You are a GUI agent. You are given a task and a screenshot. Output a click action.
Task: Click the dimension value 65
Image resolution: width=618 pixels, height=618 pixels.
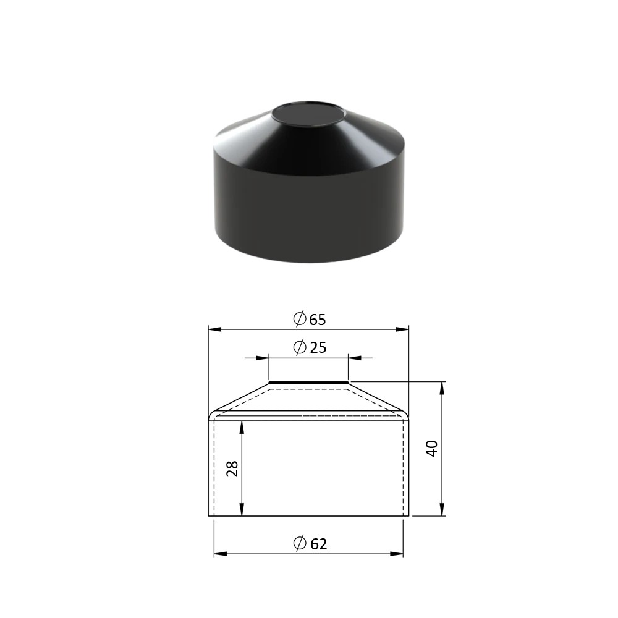coord(318,320)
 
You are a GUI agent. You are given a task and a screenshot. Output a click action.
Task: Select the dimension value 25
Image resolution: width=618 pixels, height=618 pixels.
coord(318,347)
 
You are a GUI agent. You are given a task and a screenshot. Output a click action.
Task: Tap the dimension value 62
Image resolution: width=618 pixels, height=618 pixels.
coord(318,544)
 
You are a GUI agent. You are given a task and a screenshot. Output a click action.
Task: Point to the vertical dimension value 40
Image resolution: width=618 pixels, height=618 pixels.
coord(433,449)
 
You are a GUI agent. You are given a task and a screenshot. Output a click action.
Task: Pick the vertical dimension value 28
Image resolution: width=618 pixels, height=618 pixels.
coord(232,468)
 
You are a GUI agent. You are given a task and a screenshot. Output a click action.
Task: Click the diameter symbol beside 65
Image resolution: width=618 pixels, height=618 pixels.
coord(300,318)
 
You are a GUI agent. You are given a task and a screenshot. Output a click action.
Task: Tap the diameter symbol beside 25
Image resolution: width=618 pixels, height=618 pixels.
coord(300,347)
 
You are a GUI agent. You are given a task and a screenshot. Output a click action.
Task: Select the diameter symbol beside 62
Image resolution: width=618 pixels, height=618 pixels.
coord(300,543)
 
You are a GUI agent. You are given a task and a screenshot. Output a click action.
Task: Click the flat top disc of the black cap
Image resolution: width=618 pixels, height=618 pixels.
coord(308,115)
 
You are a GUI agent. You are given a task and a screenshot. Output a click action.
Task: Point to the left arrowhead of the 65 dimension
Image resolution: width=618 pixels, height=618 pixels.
coord(214,329)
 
